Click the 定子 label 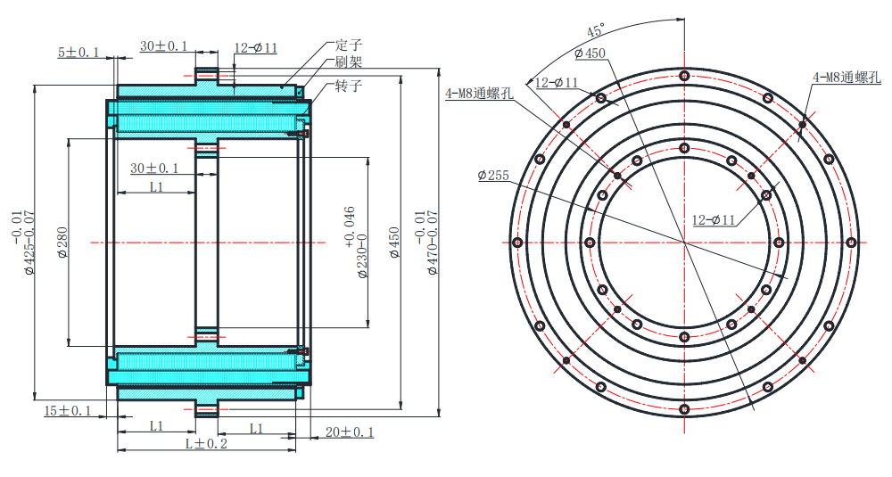tap(349, 45)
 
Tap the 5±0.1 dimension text tap(79, 53)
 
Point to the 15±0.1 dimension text tap(68, 410)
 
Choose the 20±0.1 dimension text tap(350, 432)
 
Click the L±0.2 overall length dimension tap(206, 444)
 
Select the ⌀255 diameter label tap(493, 176)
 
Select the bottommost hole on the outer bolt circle tap(684, 409)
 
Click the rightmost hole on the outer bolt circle tap(851, 243)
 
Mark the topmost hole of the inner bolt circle tap(684, 148)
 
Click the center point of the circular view tap(684, 243)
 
